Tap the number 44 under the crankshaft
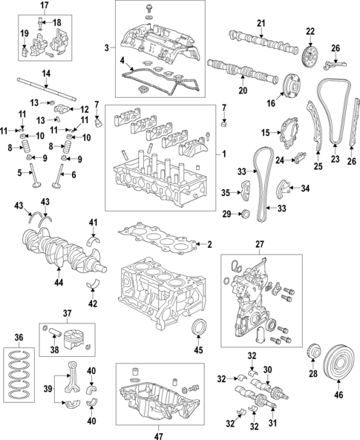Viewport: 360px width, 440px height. pyautogui.click(x=59, y=283)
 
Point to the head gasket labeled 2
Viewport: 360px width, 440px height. pyautogui.click(x=160, y=240)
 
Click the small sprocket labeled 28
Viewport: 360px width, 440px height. pyautogui.click(x=312, y=350)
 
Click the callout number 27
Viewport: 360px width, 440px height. pyautogui.click(x=260, y=243)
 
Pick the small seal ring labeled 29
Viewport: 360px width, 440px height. pyautogui.click(x=246, y=215)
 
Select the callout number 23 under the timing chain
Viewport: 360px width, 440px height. pyautogui.click(x=334, y=159)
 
